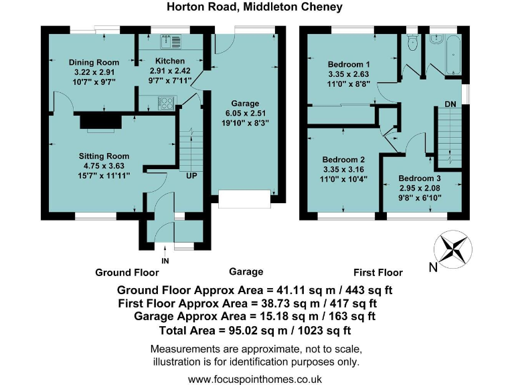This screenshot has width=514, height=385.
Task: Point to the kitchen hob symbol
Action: tap(165, 103)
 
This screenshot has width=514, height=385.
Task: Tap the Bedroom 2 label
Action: tap(343, 160)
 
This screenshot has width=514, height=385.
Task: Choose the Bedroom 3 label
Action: tap(420, 178)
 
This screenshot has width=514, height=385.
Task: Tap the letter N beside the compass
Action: tap(433, 269)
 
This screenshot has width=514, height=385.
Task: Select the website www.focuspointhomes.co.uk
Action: tap(255, 378)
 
